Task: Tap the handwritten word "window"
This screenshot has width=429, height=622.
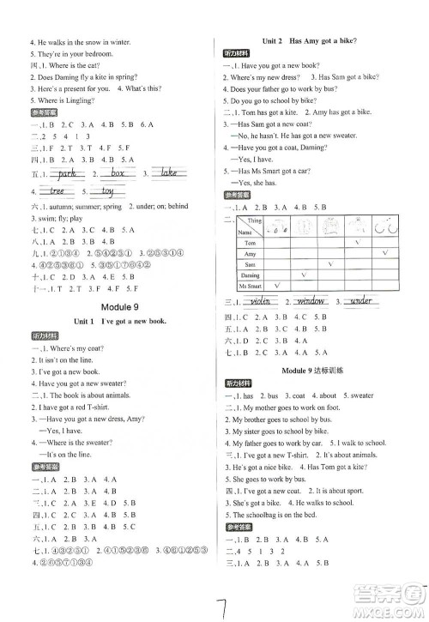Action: [315, 302]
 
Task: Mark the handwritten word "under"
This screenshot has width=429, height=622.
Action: [363, 302]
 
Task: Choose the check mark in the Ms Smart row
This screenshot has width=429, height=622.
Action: [276, 285]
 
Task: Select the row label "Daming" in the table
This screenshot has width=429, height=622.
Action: [250, 275]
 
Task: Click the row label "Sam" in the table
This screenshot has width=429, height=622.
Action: [250, 264]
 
